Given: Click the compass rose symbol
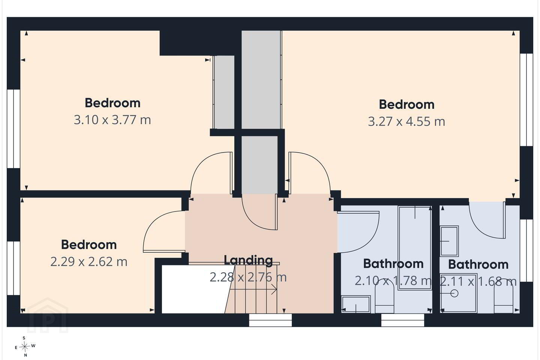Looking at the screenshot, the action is tap(24, 347).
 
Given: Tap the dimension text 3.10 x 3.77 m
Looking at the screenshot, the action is tap(112, 120).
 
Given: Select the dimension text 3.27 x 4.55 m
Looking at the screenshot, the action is tap(406, 121).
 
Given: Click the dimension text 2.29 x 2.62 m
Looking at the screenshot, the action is tap(89, 262).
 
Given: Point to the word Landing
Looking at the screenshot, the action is tap(248, 260).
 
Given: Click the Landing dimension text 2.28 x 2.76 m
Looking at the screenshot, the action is tap(248, 277).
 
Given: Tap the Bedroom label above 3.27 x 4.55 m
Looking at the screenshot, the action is tap(406, 104).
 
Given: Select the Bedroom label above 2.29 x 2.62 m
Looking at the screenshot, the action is tap(89, 244).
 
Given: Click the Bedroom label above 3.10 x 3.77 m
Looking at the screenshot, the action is tap(112, 103).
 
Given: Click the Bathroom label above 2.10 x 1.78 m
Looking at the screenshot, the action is tap(393, 264).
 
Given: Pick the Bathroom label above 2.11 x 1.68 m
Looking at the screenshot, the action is tap(478, 264).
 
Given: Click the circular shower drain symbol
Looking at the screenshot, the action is tap(454, 294).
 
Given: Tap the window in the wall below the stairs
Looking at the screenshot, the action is tap(270, 320).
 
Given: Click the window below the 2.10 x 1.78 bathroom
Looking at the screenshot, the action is tap(403, 320).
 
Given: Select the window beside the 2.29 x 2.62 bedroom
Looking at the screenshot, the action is tap(13, 268).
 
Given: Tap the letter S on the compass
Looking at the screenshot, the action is tap(24, 338).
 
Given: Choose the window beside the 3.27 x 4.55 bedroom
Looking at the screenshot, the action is tap(526, 100).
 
